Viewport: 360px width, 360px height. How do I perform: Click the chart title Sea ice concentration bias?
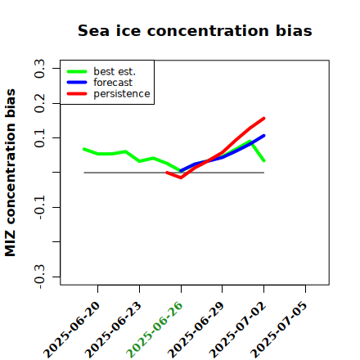[x=195, y=30]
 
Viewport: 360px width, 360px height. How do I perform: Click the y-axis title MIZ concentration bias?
[x=11, y=173]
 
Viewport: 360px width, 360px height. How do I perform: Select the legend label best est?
[x=115, y=71]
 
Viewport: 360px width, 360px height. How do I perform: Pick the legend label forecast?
[x=113, y=83]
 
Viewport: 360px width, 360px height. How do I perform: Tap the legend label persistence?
[x=122, y=94]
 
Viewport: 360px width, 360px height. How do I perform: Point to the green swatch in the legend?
[x=77, y=71]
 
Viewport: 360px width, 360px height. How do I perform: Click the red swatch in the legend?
[x=77, y=94]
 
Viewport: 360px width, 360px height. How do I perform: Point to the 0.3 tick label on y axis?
[x=39, y=69]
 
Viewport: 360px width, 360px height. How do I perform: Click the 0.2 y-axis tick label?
[x=39, y=103]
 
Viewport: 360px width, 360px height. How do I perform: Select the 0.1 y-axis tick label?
[x=39, y=138]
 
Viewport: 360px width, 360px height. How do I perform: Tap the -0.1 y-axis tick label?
[x=39, y=208]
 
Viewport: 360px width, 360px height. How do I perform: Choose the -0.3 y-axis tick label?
[x=39, y=277]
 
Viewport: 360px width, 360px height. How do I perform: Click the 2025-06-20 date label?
[x=71, y=330]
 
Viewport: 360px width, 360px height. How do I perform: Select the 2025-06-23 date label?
[x=113, y=330]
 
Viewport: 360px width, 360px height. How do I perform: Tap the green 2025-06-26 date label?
[x=155, y=330]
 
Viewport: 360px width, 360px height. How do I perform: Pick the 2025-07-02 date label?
[x=237, y=330]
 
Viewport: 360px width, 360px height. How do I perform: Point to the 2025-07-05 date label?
[x=279, y=330]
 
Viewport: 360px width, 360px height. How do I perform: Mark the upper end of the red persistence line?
[x=264, y=119]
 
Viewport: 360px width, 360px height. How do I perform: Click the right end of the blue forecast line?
[x=264, y=136]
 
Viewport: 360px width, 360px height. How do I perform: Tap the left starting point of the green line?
[x=84, y=149]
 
